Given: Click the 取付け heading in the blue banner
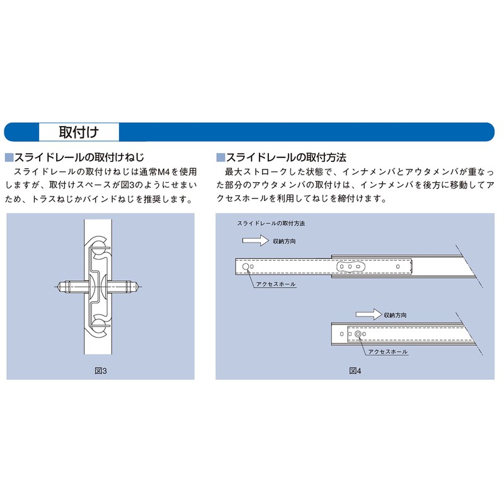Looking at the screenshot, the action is pyautogui.click(x=78, y=132).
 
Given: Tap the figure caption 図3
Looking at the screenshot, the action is pyautogui.click(x=101, y=370).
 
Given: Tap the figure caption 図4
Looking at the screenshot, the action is pyautogui.click(x=355, y=370).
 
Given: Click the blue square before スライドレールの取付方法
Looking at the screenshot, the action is pyautogui.click(x=220, y=157).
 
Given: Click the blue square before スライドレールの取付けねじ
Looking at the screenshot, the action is pyautogui.click(x=9, y=157).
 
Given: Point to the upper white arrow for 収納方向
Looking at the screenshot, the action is pyautogui.click(x=255, y=241).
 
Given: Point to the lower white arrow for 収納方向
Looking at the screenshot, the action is pyautogui.click(x=367, y=314).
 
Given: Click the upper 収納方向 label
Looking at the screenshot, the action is pyautogui.click(x=285, y=241).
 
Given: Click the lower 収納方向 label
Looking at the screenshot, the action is pyautogui.click(x=395, y=314).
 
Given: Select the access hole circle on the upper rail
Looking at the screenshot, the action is pyautogui.click(x=245, y=267).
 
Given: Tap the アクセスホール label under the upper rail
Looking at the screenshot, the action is pyautogui.click(x=275, y=285).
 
